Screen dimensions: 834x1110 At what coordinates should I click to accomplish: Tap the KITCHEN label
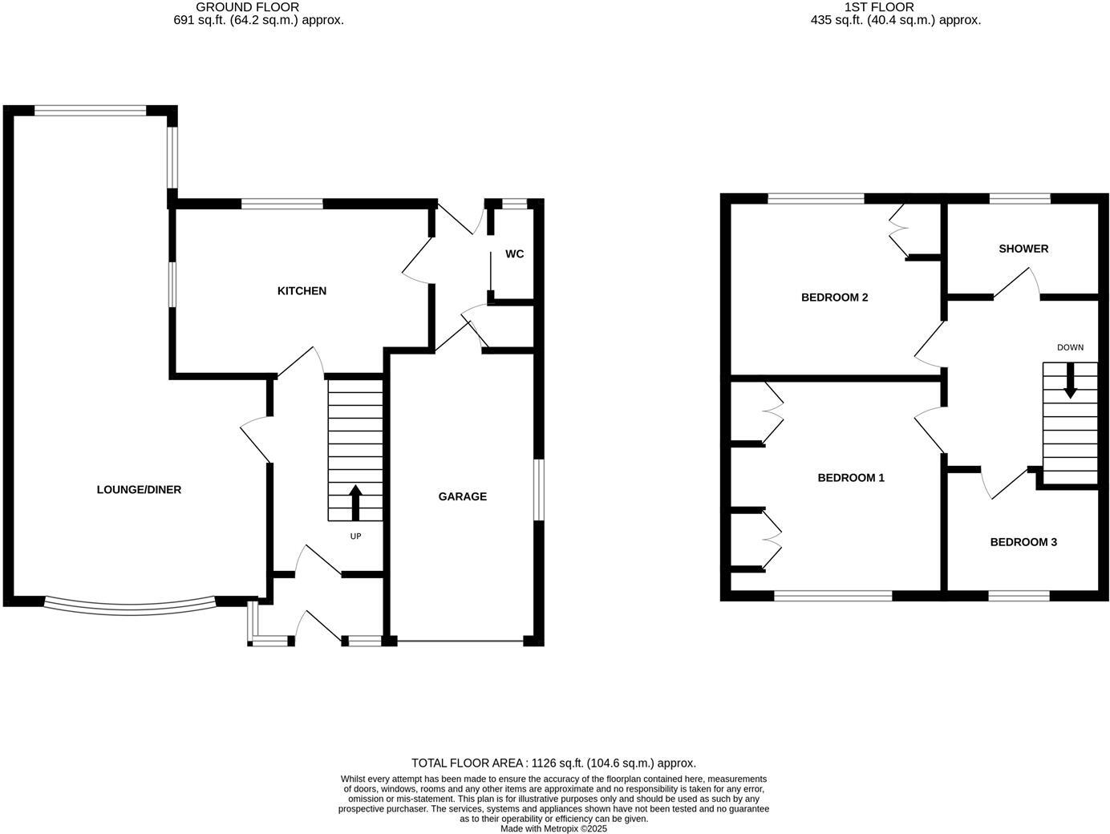tap(302, 291)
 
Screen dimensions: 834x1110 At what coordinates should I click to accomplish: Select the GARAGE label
tap(462, 497)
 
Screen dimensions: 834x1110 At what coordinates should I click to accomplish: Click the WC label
tap(514, 254)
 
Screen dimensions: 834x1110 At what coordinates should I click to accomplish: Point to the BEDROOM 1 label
tap(850, 478)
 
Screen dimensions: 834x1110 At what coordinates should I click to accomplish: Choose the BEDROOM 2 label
tap(834, 298)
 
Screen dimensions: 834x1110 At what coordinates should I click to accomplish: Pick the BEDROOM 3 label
tap(1023, 542)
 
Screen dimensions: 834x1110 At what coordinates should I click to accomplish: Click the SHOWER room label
tap(1023, 249)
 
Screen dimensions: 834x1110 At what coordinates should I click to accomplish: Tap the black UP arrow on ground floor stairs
tap(355, 503)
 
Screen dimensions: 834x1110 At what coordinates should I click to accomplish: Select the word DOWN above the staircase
tap(1070, 347)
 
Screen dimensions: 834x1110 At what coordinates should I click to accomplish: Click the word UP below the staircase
tap(355, 536)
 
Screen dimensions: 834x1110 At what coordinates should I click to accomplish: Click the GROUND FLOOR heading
tap(247, 6)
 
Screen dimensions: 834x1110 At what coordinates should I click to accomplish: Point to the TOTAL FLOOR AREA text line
tap(553, 763)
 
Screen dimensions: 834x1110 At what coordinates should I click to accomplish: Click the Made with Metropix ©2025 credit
tap(553, 829)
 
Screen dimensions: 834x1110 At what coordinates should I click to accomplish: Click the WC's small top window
tap(515, 204)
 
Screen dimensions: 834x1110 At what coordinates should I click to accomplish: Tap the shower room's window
tap(1019, 198)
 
